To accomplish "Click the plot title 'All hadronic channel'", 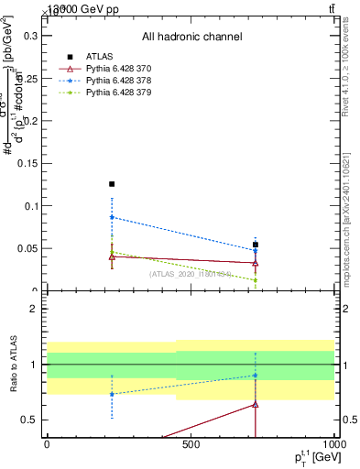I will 191,38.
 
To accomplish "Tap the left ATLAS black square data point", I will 112,184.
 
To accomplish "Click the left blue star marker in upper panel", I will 112,217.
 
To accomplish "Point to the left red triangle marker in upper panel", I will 112,256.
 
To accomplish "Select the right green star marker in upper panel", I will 256,280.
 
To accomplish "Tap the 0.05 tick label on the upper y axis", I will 27,248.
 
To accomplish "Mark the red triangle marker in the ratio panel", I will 256,404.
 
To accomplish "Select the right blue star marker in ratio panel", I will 256,376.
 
